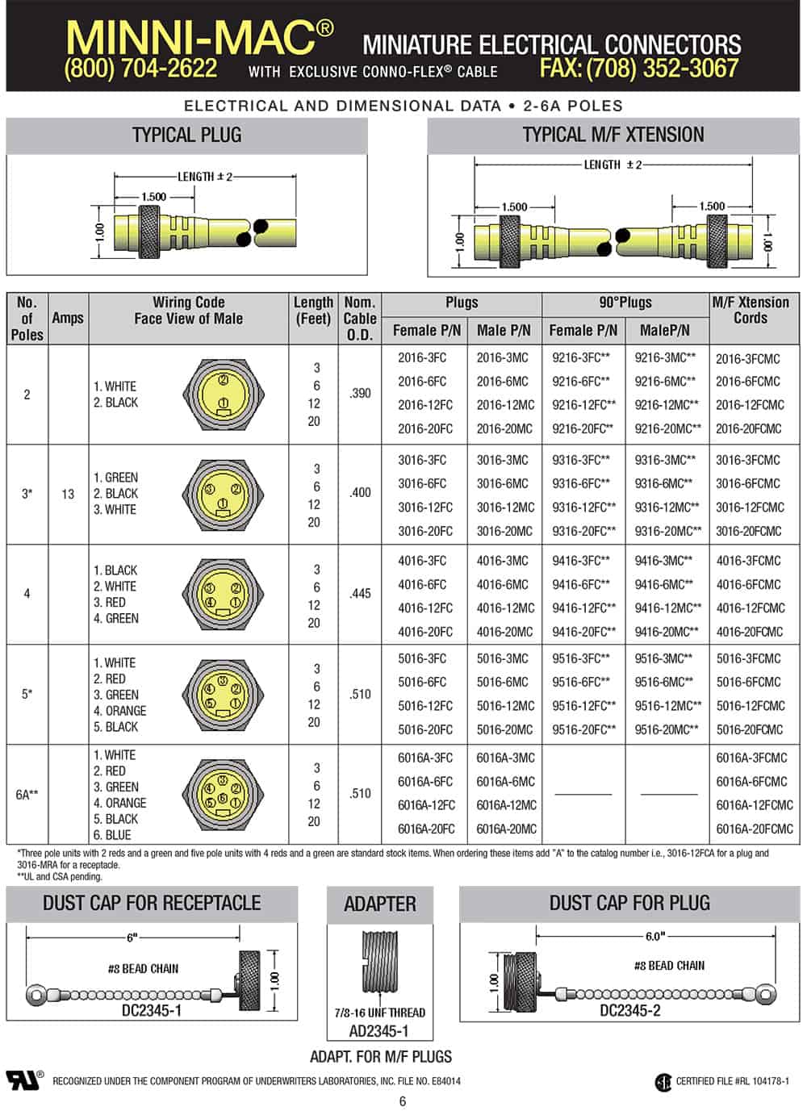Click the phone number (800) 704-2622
pos(140,69)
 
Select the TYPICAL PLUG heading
pos(186,136)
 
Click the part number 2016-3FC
pos(421,357)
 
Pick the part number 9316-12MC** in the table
pos(667,507)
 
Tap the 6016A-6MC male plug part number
pos(505,781)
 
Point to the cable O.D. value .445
pos(360,594)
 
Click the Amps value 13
pos(68,494)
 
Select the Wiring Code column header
pos(188,311)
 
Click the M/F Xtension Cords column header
pos(751,311)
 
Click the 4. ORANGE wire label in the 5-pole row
pos(119,711)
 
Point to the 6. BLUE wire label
pos(112,835)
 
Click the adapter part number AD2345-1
pos(378,1031)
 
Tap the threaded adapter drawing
pos(380,967)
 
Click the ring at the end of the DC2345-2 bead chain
pos(766,994)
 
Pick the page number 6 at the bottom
pos(403,1101)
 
